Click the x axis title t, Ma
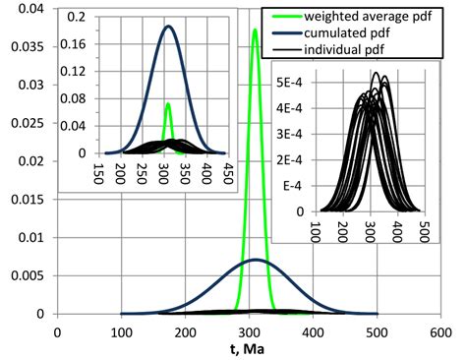pos(251,348)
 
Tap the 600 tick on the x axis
pos(440,332)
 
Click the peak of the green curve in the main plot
pos(255,30)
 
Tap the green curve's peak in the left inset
pos(168,103)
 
